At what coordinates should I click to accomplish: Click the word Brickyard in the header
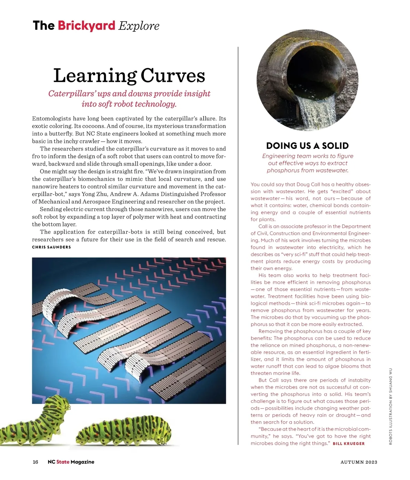[x=86, y=26]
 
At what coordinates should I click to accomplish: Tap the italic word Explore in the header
[x=139, y=26]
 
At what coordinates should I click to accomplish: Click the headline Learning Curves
[x=129, y=75]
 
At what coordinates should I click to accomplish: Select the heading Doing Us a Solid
[x=307, y=146]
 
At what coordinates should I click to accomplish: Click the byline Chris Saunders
[x=51, y=247]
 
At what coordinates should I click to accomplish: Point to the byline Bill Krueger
[x=348, y=443]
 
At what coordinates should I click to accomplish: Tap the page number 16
[x=36, y=462]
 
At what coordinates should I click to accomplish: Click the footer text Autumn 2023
[x=359, y=462]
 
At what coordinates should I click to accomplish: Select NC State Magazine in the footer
[x=71, y=462]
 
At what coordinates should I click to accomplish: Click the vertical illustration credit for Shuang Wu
[x=391, y=406]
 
